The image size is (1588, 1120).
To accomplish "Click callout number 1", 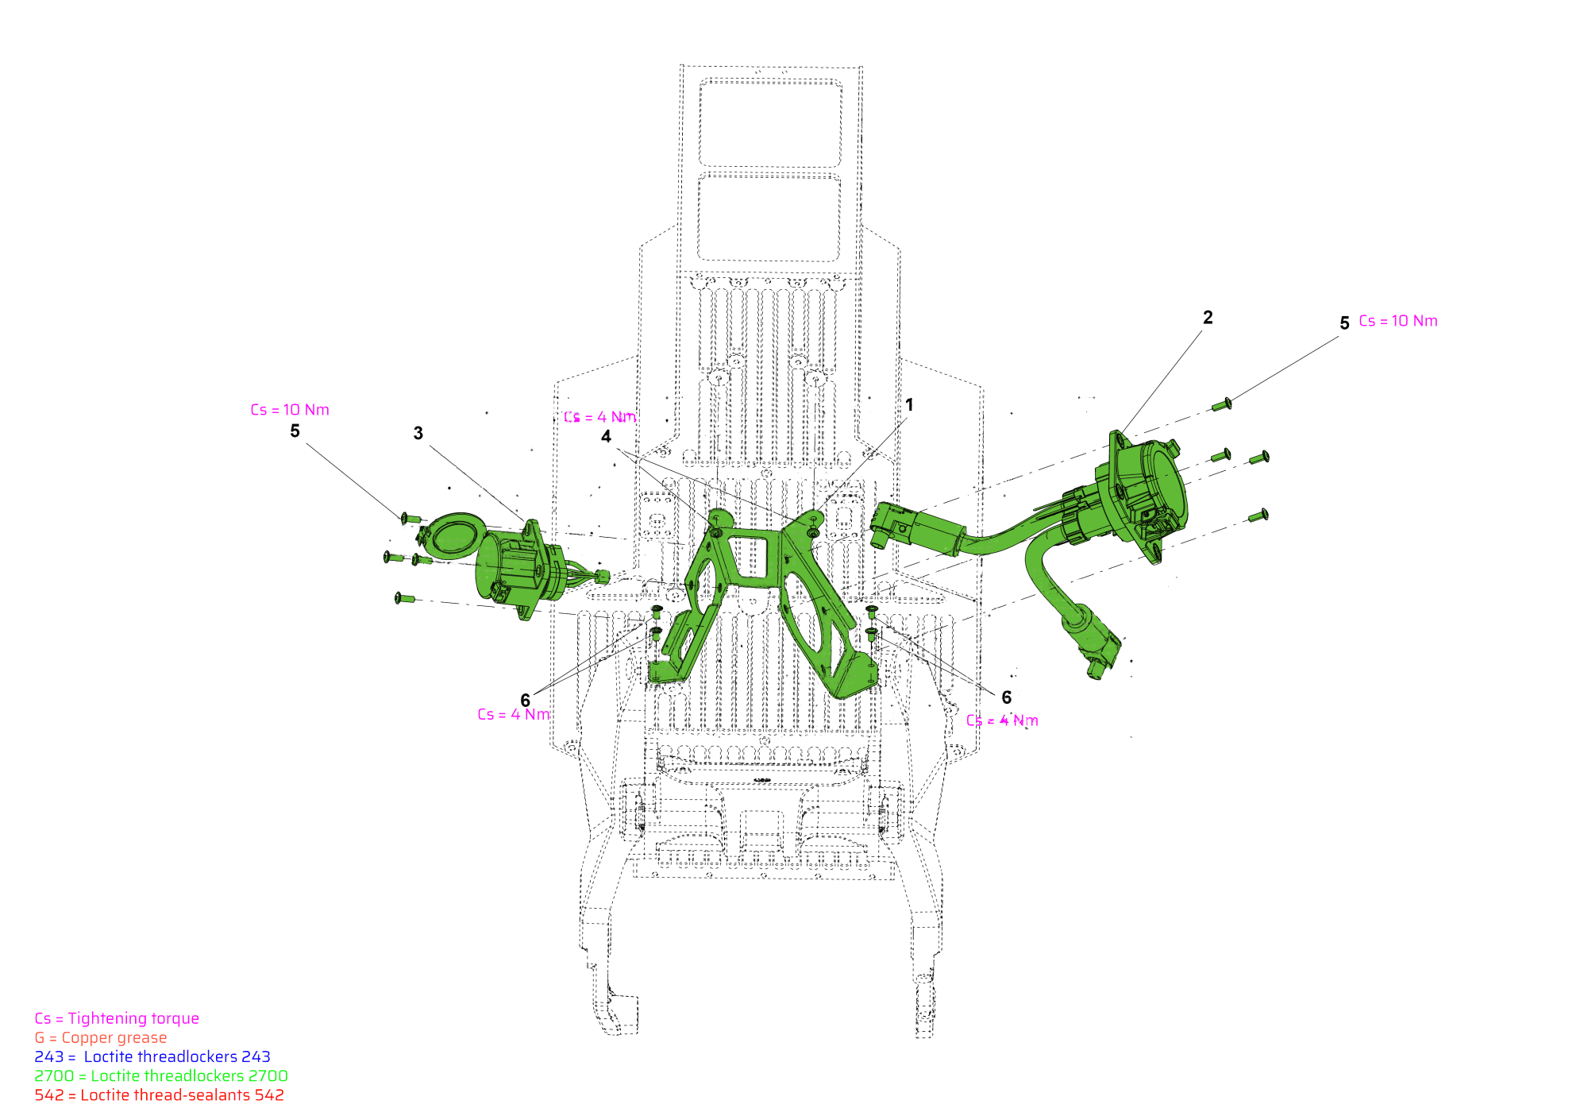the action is [x=909, y=405].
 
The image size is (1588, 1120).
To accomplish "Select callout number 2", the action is [x=1208, y=318].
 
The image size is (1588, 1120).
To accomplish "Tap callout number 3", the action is [x=418, y=433].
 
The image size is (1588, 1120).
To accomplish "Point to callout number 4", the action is [x=607, y=436].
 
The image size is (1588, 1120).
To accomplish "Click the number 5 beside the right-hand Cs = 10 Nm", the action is [x=1344, y=323].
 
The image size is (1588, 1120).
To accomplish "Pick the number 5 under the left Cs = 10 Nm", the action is [x=295, y=431].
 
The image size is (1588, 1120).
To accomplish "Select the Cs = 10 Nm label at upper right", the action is [x=1398, y=321].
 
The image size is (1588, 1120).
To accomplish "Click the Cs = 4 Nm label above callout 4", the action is [x=600, y=417].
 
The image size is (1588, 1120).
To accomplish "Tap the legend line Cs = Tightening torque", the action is [x=117, y=1018].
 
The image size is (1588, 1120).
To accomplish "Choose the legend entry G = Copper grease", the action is [x=101, y=1037].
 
